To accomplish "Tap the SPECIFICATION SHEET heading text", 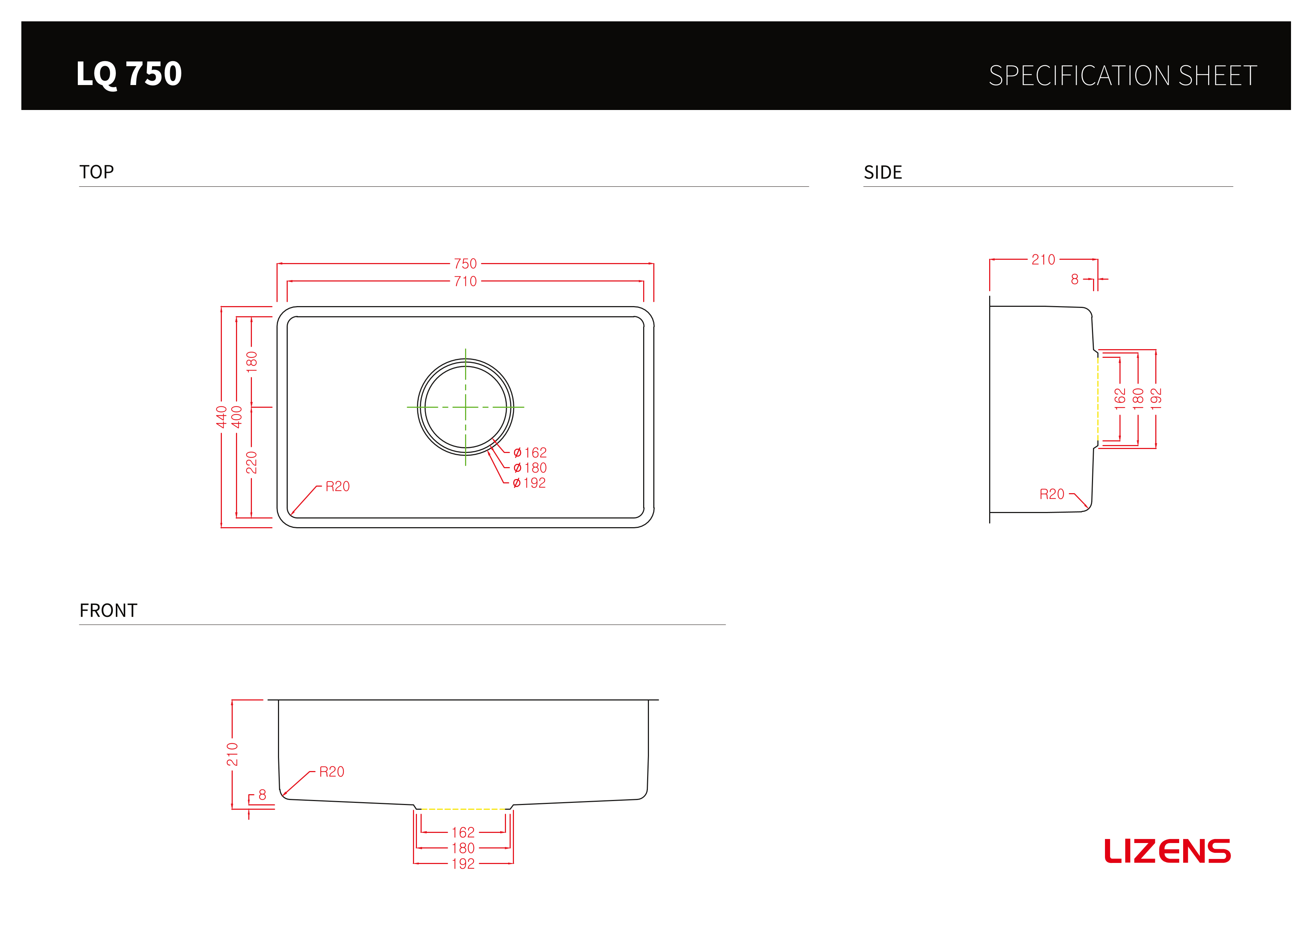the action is (x=1122, y=76).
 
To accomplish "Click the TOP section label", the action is (x=97, y=172).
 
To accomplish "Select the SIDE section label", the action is (x=883, y=172).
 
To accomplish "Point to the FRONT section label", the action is (x=108, y=610).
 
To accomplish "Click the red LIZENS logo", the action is (x=1167, y=851).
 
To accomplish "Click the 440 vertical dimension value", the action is (x=222, y=417).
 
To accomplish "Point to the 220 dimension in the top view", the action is (x=252, y=463).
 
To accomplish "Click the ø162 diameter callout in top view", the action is (x=530, y=452).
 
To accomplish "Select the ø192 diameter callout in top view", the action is (x=529, y=483).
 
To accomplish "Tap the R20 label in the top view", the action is (x=338, y=487).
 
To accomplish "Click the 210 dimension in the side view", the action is (x=1043, y=260).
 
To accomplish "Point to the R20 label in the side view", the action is (x=1052, y=494).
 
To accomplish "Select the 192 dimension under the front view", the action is (x=463, y=864).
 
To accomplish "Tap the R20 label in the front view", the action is (x=332, y=772).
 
